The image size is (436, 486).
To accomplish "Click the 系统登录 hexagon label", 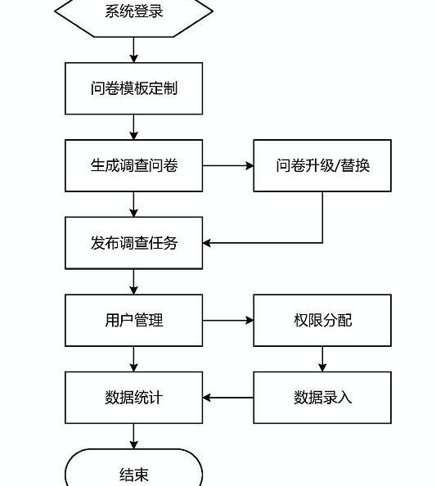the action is coord(134,11).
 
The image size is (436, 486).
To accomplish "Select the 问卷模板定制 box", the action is coord(134,88).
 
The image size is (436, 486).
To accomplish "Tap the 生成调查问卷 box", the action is coord(134,165).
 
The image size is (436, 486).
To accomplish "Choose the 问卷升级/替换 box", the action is coord(322,165).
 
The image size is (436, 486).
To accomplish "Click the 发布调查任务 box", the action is coord(134,243).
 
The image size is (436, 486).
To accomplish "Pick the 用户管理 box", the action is coord(134,320).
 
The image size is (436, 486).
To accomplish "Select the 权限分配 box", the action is coord(322,320).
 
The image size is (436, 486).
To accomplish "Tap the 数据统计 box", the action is coord(134,398).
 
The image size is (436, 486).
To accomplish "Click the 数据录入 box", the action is coord(322,398).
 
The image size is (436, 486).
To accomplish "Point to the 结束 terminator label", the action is coord(134,475).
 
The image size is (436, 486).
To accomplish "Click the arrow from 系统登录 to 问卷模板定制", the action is coord(134,50).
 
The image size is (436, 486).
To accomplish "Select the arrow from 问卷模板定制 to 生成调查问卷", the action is coord(134,127).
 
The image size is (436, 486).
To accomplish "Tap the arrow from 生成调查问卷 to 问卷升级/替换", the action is coord(228,165).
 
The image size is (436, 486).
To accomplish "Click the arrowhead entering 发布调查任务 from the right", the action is coord(207,243).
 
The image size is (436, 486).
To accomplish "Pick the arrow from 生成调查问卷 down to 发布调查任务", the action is coord(134,205).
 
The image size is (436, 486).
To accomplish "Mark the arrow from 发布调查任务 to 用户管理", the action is coord(134,281).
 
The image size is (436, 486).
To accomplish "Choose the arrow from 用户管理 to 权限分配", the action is coord(228,320).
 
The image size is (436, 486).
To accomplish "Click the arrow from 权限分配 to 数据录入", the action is coord(322,359).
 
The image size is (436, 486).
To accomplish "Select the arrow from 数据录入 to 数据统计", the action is coord(228,398).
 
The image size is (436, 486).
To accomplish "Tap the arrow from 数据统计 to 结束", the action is coord(134,436).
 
